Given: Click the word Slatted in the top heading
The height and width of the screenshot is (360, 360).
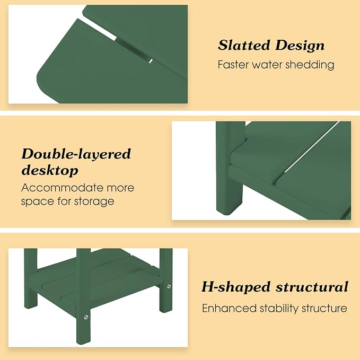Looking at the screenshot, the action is pos(244,45).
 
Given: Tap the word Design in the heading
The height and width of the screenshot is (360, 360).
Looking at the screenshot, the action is pos(300,46).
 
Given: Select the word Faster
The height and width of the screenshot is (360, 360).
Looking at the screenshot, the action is pos(233,65).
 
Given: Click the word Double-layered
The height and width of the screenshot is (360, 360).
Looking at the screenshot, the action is pos(76,154).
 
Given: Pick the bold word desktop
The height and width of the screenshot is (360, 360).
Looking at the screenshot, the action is pos(50,171).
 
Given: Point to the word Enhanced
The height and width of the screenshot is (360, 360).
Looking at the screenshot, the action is pos(229,308).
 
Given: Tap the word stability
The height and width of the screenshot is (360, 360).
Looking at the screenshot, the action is pos(279,309).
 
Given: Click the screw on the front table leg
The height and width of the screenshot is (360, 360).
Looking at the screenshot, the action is pos(86,317).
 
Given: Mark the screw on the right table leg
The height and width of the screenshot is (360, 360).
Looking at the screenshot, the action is pos(169,286).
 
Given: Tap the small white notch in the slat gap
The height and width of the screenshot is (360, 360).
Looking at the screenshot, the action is pos(151,61).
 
